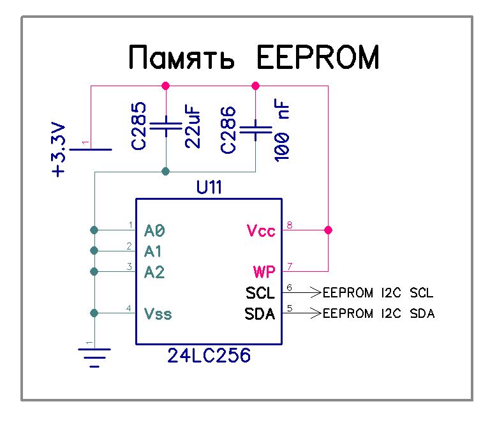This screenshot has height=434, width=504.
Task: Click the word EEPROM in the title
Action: (x=317, y=58)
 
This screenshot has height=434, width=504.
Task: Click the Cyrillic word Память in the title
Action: (x=182, y=58)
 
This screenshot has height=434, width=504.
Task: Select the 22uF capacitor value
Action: (x=194, y=128)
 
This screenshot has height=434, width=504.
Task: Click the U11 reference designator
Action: (x=209, y=189)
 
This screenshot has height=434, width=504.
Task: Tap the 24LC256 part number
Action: (x=209, y=355)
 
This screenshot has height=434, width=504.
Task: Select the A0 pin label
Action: (x=155, y=230)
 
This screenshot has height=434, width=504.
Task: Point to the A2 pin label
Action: (x=155, y=273)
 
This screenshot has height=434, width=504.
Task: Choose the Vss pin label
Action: (x=158, y=314)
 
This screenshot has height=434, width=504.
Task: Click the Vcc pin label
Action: (x=260, y=230)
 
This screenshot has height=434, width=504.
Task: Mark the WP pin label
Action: (x=264, y=273)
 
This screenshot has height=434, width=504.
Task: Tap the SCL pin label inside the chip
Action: (x=260, y=294)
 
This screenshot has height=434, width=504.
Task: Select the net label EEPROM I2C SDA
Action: (x=378, y=314)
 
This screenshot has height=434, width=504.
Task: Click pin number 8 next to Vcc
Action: (x=290, y=225)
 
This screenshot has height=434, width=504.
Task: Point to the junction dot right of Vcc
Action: (x=329, y=230)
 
